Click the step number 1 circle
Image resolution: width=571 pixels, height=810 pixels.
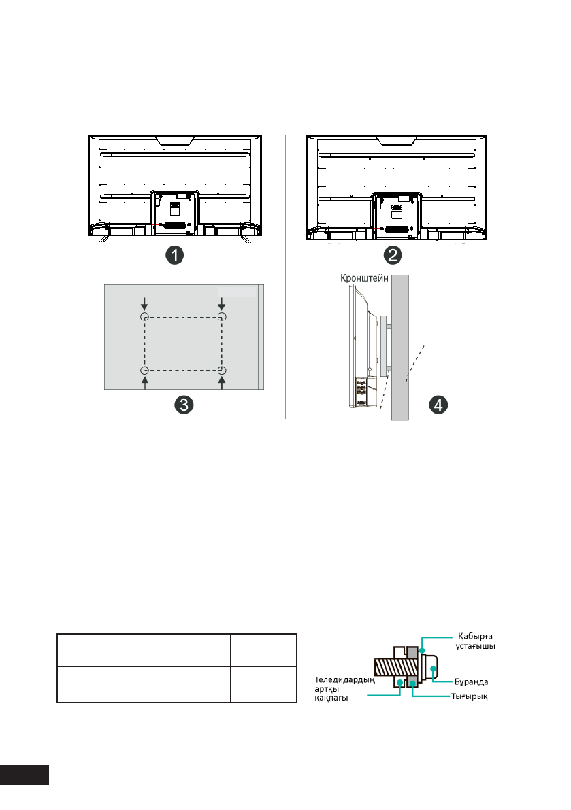tap(174, 255)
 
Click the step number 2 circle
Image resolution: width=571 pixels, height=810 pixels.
tap(393, 255)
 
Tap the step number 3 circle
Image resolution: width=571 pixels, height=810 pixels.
tap(184, 405)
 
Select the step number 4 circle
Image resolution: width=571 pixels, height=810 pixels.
tap(438, 405)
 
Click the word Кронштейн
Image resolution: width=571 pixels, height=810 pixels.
tap(364, 278)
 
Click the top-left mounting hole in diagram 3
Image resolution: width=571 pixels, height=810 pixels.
tap(145, 316)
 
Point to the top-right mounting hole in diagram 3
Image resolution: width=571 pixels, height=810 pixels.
tap(222, 316)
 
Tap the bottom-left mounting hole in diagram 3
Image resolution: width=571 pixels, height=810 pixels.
tap(145, 371)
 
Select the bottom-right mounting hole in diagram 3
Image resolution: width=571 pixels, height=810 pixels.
tap(222, 371)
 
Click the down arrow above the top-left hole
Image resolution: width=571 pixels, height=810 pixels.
tap(145, 303)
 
